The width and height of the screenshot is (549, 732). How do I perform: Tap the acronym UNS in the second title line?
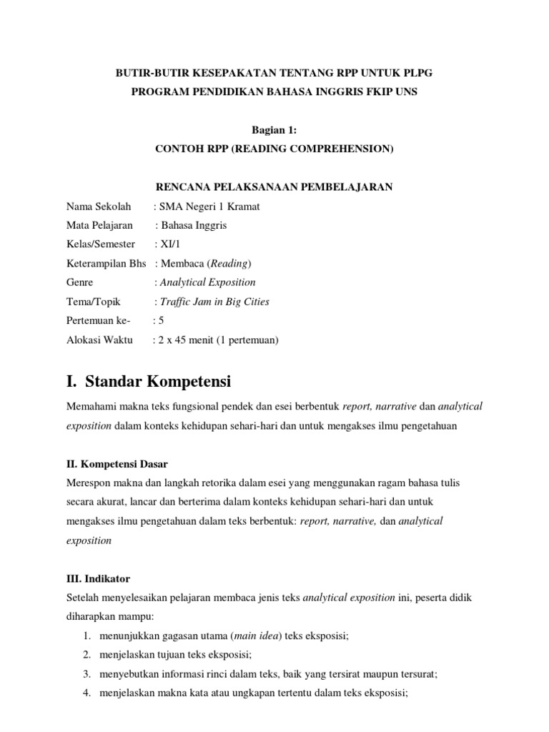(x=405, y=91)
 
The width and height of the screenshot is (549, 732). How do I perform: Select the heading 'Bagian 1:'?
(x=274, y=129)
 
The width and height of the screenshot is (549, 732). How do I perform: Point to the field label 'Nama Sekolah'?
(x=99, y=207)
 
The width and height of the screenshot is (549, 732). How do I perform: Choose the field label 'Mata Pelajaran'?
(x=100, y=225)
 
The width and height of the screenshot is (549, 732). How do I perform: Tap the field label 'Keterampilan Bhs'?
(x=106, y=263)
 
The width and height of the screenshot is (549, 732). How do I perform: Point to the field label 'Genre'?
(x=79, y=282)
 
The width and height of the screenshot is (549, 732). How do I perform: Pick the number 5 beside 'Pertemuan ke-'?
(x=162, y=321)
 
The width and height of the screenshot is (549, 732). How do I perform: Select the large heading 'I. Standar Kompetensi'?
(x=149, y=380)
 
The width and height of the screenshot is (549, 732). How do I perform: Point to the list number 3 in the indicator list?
(x=86, y=673)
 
